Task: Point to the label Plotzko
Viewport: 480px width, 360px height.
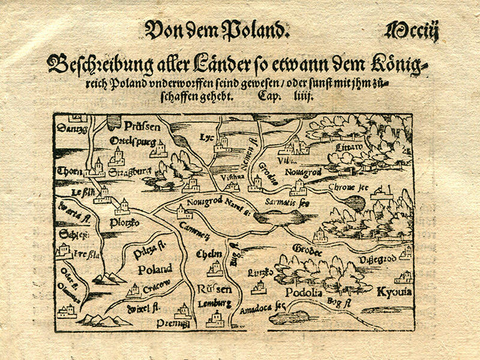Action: (124, 223)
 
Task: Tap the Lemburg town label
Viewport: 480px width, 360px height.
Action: (214, 303)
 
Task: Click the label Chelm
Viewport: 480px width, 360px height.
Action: (209, 254)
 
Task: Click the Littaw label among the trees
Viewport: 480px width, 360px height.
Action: (350, 147)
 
